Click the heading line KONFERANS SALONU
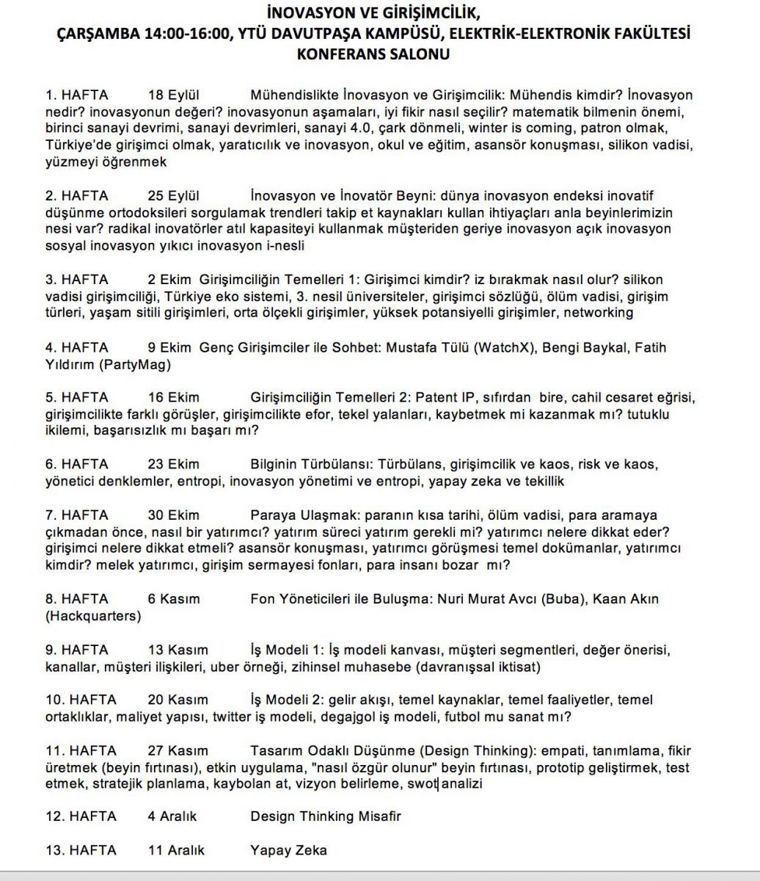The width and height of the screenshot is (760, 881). pyautogui.click(x=373, y=54)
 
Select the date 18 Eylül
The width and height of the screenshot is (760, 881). pyautogui.click(x=174, y=95)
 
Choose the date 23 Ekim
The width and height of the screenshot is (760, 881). pyautogui.click(x=173, y=464)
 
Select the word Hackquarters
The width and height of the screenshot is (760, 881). pyautogui.click(x=93, y=616)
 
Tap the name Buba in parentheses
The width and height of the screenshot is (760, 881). pyautogui.click(x=562, y=599)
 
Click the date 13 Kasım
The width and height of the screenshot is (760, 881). pyautogui.click(x=178, y=650)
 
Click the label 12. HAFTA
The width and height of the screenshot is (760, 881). pyautogui.click(x=81, y=816)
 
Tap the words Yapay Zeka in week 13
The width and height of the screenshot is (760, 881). pyautogui.click(x=288, y=850)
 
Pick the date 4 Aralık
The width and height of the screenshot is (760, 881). pyautogui.click(x=172, y=816)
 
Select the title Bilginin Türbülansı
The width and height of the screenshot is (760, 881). pyautogui.click(x=311, y=464)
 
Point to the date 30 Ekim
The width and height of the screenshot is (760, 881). pyautogui.click(x=173, y=515)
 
